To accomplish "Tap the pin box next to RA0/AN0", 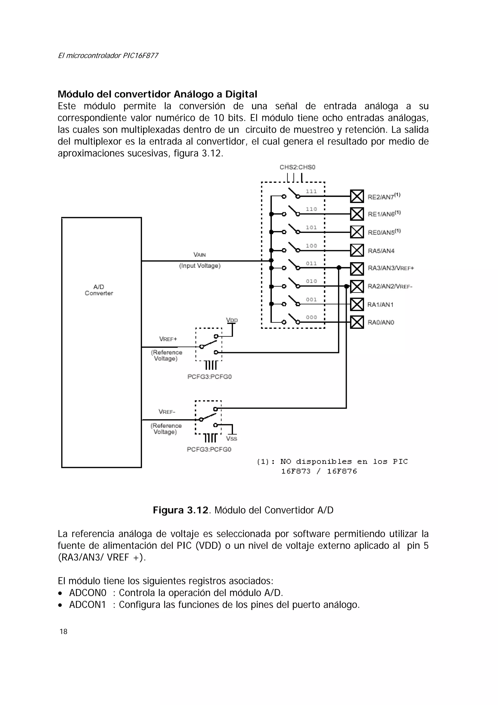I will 357,322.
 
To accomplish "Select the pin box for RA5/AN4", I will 357,250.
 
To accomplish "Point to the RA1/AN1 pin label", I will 381,305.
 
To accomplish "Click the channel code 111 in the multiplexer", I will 311,191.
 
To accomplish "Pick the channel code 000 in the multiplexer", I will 311,317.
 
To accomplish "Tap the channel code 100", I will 311,246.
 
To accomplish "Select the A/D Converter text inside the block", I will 99,290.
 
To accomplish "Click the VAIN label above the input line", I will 200,255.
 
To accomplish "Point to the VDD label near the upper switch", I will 232,320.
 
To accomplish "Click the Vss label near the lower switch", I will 231,439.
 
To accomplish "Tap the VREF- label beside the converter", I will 167,412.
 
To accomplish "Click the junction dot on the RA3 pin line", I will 339,268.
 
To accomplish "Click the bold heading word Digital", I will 241,94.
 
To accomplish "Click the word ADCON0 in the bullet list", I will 88,593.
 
